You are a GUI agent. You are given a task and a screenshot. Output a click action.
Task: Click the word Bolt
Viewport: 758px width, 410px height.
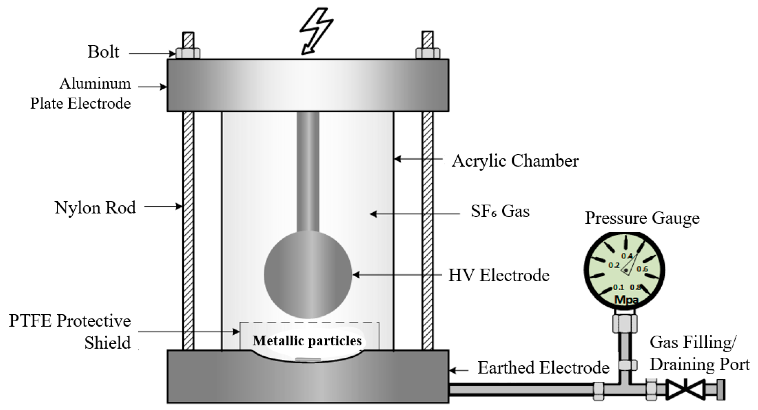[103, 52]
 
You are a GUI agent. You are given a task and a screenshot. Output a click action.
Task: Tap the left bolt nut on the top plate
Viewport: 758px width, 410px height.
[188, 54]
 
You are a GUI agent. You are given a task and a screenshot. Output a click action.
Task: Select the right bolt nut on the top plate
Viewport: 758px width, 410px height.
[428, 54]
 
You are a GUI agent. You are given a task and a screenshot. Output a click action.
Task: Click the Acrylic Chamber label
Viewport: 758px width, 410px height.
[515, 161]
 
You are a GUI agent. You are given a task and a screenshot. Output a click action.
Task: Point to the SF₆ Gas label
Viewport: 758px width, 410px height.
[500, 211]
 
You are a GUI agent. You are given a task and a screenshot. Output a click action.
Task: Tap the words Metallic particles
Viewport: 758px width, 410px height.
[307, 341]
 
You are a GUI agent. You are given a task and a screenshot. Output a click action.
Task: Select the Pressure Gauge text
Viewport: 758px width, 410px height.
[642, 218]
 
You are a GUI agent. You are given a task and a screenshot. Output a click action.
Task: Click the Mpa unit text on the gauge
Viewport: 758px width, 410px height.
[626, 300]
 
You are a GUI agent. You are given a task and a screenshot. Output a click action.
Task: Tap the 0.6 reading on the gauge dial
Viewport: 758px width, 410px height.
[642, 269]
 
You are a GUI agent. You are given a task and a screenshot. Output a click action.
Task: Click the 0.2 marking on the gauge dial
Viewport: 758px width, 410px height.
[614, 265]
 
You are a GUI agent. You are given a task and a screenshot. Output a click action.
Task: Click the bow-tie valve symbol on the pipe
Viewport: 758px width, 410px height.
[686, 390]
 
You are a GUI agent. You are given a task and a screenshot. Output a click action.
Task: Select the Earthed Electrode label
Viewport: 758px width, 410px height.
[543, 368]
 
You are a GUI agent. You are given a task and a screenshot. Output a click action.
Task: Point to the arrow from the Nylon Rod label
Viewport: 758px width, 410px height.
[163, 206]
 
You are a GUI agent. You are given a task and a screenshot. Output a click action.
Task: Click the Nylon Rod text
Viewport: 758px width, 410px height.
[95, 208]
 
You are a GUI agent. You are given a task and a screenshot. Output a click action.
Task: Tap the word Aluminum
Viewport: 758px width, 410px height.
[95, 84]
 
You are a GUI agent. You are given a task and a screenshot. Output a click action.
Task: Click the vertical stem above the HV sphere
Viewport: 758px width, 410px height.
[308, 171]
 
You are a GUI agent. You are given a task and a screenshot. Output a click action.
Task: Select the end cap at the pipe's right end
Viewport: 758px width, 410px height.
[721, 390]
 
